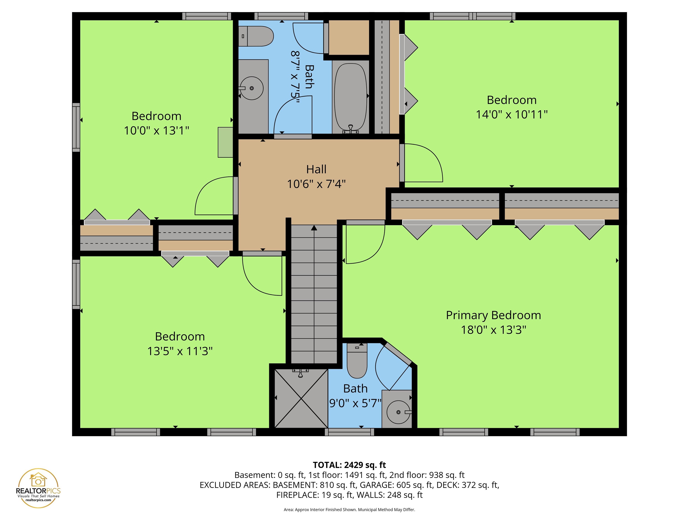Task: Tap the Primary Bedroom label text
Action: click(x=493, y=315)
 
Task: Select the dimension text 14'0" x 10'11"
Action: click(x=511, y=114)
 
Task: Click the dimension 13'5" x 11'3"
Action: click(x=180, y=351)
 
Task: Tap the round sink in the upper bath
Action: click(x=251, y=88)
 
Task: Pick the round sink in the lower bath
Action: click(x=398, y=412)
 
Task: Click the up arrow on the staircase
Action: click(x=314, y=228)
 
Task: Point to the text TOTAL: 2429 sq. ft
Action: click(x=349, y=465)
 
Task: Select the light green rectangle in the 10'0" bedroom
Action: click(x=225, y=142)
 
